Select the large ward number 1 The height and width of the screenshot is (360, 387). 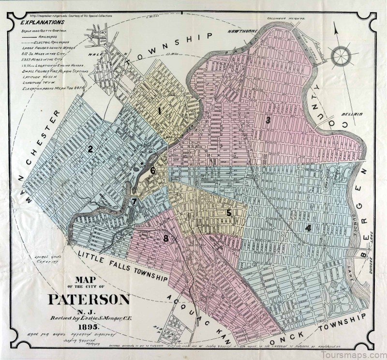[159, 111]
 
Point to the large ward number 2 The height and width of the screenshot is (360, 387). [90, 149]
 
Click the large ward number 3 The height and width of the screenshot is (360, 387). [268, 120]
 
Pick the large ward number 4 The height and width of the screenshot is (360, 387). [308, 227]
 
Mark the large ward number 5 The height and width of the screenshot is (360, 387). [229, 212]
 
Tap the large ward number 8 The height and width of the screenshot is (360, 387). [166, 238]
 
